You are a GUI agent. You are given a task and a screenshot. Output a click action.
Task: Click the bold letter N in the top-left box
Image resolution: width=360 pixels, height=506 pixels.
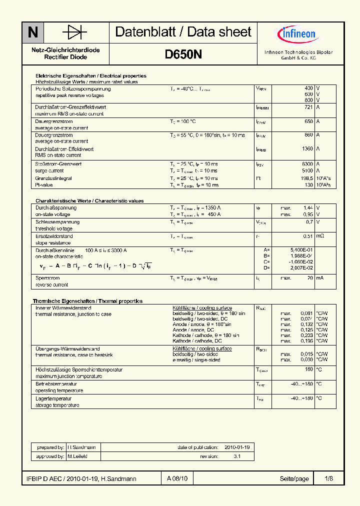[33, 33]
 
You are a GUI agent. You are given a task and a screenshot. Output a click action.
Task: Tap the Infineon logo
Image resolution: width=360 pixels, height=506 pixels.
[296, 34]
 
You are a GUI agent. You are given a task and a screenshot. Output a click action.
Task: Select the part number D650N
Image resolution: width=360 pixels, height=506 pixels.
[183, 55]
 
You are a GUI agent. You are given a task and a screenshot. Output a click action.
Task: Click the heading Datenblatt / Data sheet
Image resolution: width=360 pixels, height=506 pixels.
[183, 32]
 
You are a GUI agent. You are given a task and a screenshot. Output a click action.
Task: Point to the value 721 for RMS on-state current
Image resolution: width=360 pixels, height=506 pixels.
[308, 107]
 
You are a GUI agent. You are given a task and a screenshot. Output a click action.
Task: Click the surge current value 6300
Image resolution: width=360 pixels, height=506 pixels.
[307, 164]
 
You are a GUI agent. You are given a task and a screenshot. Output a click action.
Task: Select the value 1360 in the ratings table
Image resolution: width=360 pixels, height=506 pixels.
[307, 149]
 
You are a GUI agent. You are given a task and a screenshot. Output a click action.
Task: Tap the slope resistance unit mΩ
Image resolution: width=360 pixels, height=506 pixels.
[320, 236]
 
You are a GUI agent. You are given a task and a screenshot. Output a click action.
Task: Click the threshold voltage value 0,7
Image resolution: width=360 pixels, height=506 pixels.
[309, 221]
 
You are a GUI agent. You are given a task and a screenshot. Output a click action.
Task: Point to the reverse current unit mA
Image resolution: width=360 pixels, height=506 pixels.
[319, 278]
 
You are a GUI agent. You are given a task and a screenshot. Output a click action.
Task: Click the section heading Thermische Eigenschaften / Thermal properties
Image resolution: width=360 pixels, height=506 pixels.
[87, 301]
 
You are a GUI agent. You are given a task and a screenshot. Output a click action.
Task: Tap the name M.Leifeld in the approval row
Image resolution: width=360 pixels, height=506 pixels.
[77, 456]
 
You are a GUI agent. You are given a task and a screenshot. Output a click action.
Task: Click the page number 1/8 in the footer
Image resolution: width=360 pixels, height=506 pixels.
[328, 479]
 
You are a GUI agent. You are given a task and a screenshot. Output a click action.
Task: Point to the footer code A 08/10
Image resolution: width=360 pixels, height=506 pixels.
[177, 479]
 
